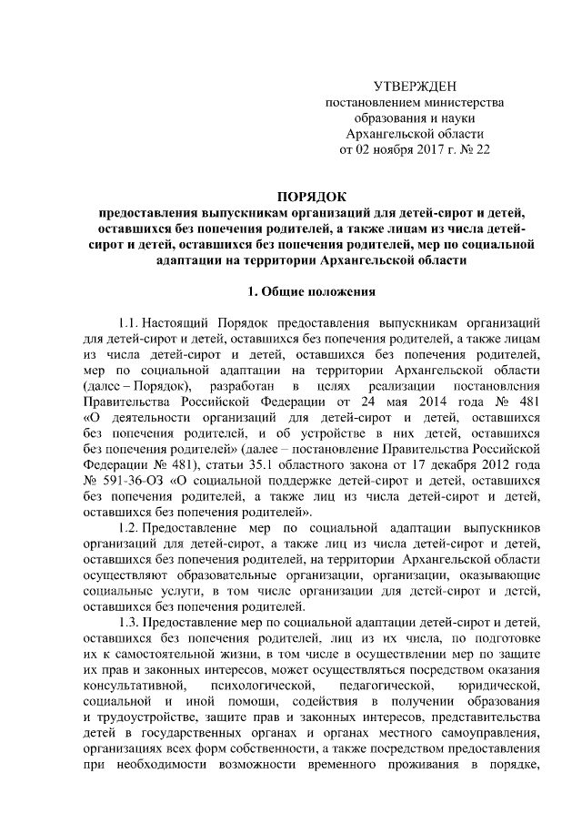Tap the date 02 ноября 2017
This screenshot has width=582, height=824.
coord(401,150)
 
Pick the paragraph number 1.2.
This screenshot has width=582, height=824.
coord(133,528)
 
